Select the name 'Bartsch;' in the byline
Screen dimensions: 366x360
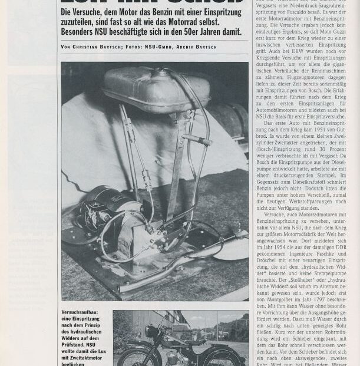tap(112, 47)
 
